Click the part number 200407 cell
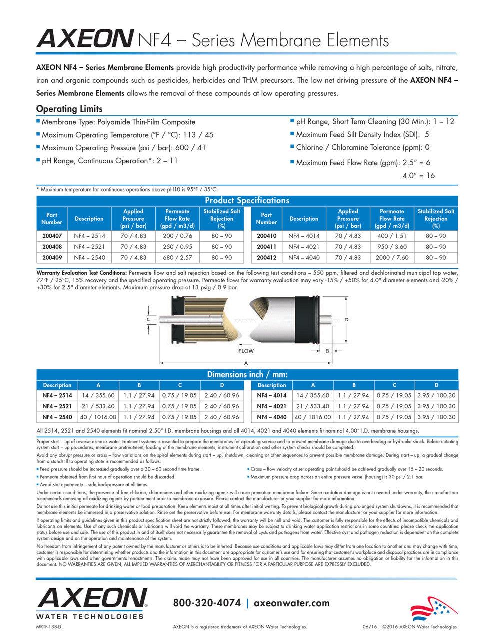coord(52,236)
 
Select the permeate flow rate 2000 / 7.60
coord(392,258)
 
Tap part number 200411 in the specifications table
coord(266,247)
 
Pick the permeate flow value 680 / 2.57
coord(177,258)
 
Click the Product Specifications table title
coord(247,201)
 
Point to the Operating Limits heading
coord(69,109)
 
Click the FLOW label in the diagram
coord(246,351)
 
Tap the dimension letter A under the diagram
coord(246,363)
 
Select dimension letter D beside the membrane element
coord(346,319)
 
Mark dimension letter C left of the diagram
coord(148,319)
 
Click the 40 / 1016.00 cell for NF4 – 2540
coord(98,417)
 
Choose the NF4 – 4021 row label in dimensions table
coord(272,406)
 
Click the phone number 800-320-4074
coord(207,603)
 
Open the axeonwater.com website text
coord(292,603)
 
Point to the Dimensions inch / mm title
coord(247,375)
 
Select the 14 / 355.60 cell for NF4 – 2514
coord(98,395)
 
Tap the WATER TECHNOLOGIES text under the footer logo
coord(90,616)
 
